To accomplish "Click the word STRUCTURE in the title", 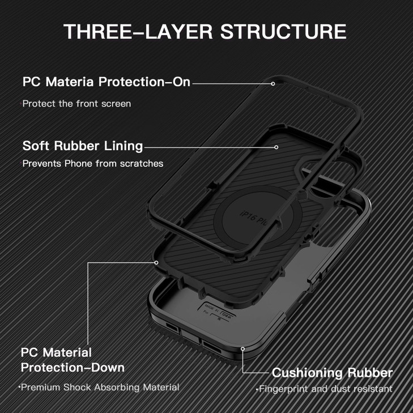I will click(x=283, y=31).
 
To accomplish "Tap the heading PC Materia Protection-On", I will click(x=106, y=82).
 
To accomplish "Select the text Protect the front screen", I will click(x=76, y=104).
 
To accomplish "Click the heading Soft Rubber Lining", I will click(x=82, y=146).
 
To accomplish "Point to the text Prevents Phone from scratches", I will click(x=92, y=164).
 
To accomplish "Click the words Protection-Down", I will click(x=73, y=367).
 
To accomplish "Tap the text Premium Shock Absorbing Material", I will click(x=100, y=388).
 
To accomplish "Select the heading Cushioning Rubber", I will click(x=332, y=373).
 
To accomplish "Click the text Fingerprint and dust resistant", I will click(x=325, y=389).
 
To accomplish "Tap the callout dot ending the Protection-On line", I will click(x=273, y=83).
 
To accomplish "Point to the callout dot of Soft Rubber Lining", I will click(x=276, y=147).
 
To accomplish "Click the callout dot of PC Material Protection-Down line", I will click(x=156, y=262).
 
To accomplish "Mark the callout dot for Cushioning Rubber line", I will click(x=242, y=350).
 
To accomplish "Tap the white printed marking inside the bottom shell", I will click(x=213, y=312).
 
